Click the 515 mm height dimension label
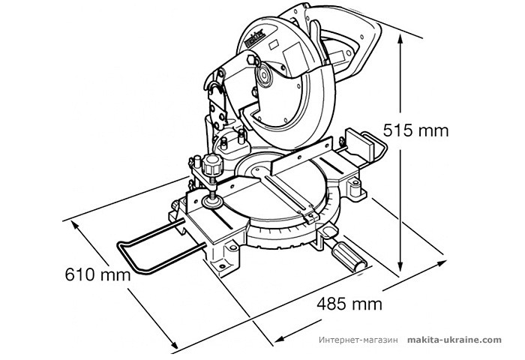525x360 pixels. pos(415,130)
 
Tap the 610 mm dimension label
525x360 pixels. pos(94,274)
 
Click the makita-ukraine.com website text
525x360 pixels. pos(454,340)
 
